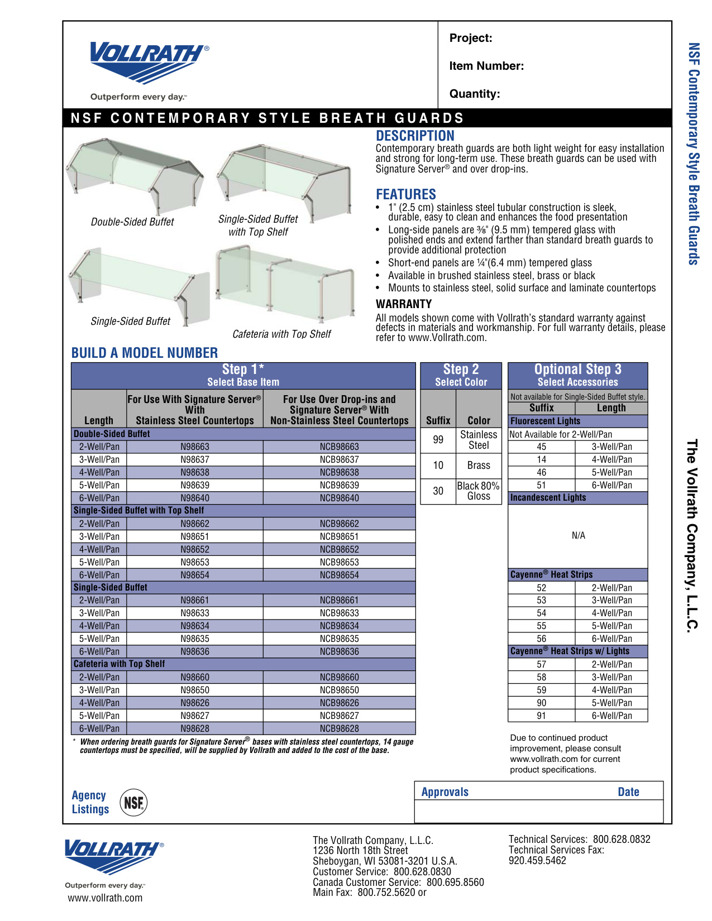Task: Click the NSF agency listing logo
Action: tap(133, 802)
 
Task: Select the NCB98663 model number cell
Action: tap(339, 447)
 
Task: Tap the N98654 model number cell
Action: tap(194, 575)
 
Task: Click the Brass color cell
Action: tap(479, 466)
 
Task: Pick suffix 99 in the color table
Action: tap(438, 440)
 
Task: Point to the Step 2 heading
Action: tap(461, 370)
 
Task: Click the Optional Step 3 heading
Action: tap(577, 370)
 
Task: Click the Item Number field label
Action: tap(486, 66)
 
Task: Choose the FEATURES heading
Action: tap(406, 194)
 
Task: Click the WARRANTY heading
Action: tap(404, 304)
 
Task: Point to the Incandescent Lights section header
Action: tap(548, 497)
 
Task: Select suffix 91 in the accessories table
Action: tap(541, 716)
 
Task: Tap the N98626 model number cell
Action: tap(194, 703)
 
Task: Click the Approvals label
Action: tap(445, 792)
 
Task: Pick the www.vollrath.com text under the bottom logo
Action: tap(105, 898)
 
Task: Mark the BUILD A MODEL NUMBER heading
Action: tap(145, 353)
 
